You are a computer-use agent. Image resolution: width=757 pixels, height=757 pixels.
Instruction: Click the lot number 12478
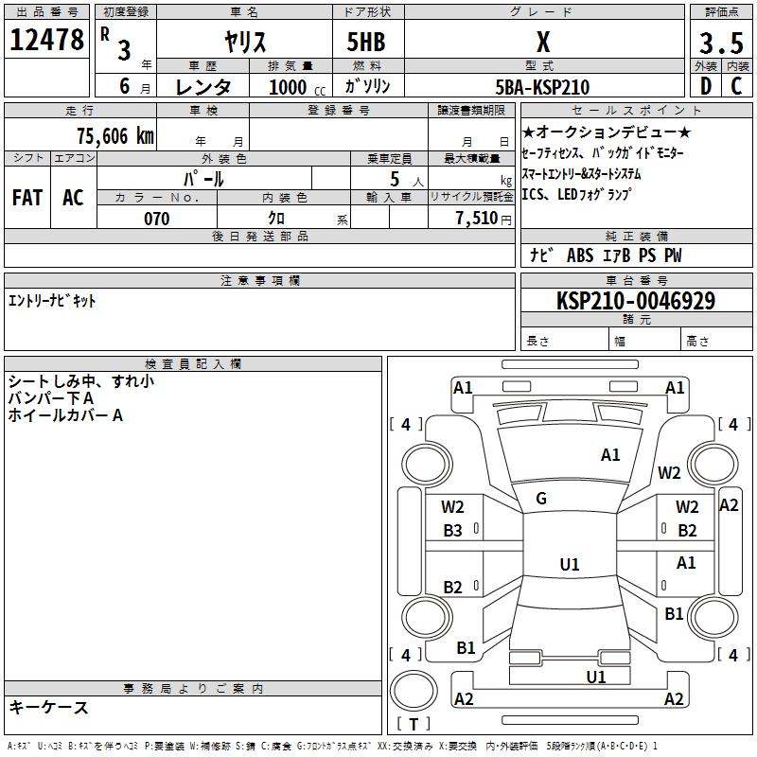click(46, 40)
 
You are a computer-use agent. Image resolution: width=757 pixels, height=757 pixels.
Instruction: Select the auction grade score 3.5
click(721, 43)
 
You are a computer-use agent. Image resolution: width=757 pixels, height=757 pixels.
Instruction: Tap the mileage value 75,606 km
click(115, 136)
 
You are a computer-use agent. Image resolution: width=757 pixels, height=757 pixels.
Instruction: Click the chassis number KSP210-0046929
click(636, 300)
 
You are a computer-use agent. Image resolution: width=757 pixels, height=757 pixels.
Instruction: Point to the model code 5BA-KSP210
click(542, 87)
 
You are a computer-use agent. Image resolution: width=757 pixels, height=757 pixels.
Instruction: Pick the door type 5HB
click(366, 42)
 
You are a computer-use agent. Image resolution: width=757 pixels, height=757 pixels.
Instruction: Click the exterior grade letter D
click(706, 86)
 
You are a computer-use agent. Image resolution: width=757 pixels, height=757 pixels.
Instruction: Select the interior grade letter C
click(736, 86)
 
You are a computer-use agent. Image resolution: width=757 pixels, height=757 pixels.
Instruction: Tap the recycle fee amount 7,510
click(477, 219)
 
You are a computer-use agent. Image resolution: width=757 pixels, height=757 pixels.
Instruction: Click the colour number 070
click(157, 219)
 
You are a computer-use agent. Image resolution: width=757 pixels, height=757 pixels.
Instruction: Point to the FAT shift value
click(27, 198)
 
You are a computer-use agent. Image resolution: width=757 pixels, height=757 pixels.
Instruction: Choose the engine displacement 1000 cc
click(297, 87)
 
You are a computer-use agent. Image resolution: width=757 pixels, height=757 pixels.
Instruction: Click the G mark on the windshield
click(541, 499)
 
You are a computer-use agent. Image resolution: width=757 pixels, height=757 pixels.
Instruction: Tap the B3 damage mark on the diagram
click(452, 531)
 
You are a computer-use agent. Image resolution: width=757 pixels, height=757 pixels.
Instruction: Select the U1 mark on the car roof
click(570, 564)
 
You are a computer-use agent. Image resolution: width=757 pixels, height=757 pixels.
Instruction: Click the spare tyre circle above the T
click(414, 691)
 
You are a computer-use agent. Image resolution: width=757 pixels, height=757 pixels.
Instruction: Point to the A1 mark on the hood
click(610, 455)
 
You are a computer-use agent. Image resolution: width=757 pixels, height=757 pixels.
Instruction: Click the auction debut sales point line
click(606, 132)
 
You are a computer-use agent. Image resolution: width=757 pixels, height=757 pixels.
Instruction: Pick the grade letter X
click(543, 42)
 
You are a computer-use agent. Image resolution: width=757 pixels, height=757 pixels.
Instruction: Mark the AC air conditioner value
click(74, 198)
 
